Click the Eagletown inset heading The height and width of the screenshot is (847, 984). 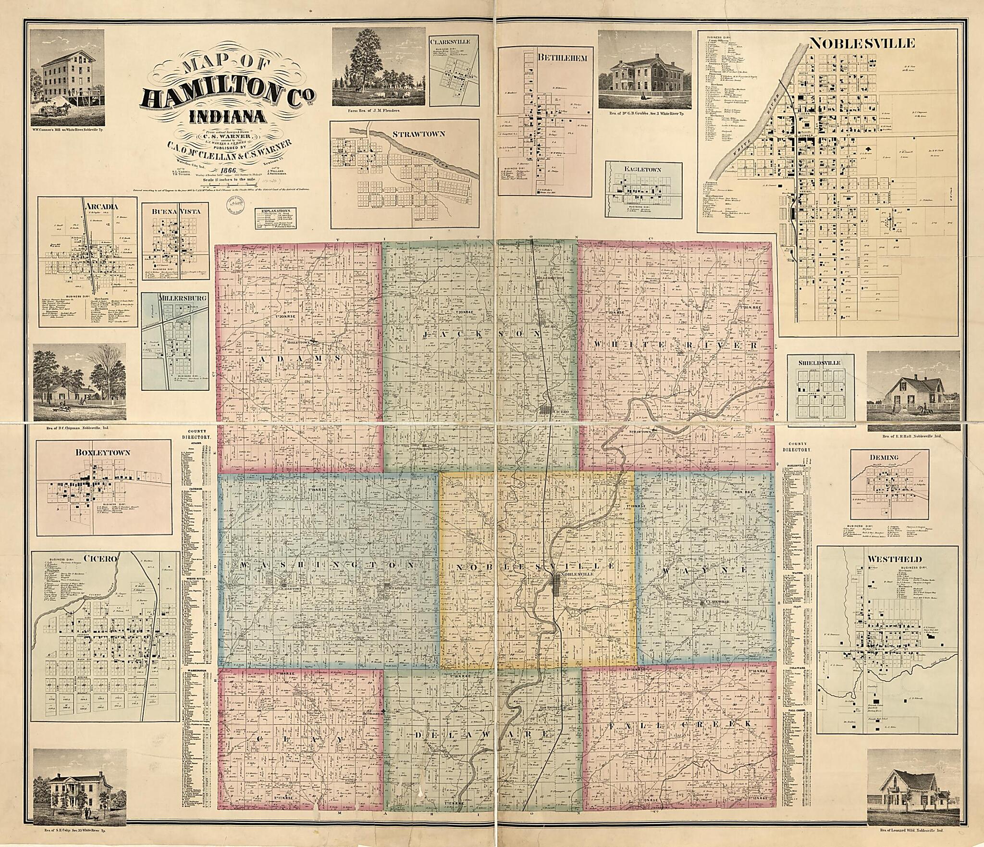[643, 170]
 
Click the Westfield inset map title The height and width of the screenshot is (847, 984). [887, 559]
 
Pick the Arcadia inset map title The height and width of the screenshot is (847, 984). [102, 207]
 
